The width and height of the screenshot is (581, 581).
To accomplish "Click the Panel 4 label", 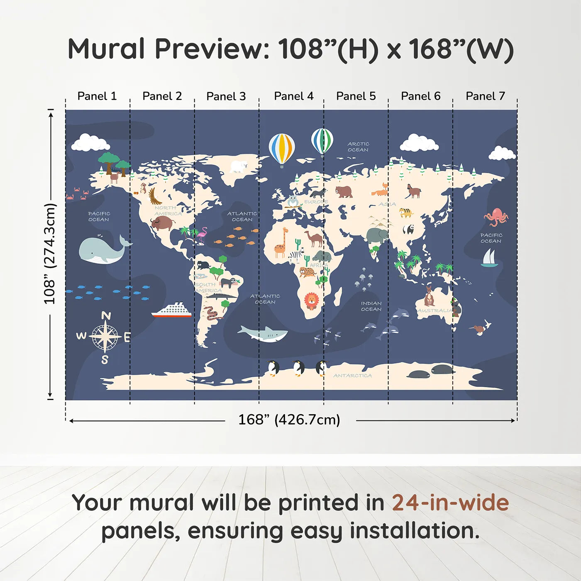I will (293, 96).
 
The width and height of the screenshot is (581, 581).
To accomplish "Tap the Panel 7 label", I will (485, 96).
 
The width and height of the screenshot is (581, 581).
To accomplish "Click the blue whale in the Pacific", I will (102, 250).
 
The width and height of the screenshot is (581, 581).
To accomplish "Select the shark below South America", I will (264, 333).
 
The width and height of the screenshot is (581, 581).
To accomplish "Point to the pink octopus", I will (496, 217).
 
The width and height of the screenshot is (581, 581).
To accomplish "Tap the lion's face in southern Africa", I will (311, 300).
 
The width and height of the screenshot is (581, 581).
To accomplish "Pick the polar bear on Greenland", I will (239, 166).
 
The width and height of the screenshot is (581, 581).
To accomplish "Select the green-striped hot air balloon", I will (322, 142).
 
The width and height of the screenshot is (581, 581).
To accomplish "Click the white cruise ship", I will (172, 310).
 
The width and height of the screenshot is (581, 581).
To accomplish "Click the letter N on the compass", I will (106, 316).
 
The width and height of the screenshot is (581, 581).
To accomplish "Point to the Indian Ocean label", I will (371, 306).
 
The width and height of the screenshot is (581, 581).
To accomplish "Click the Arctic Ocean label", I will (358, 147).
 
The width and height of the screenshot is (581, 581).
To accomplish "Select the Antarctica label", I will (352, 376).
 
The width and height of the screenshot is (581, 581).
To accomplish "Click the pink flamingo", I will (202, 235).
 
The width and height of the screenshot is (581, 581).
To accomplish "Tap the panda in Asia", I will (408, 229).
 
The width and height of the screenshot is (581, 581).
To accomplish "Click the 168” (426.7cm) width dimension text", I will (289, 420).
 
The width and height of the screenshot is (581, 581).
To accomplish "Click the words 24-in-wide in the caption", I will (450, 503).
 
